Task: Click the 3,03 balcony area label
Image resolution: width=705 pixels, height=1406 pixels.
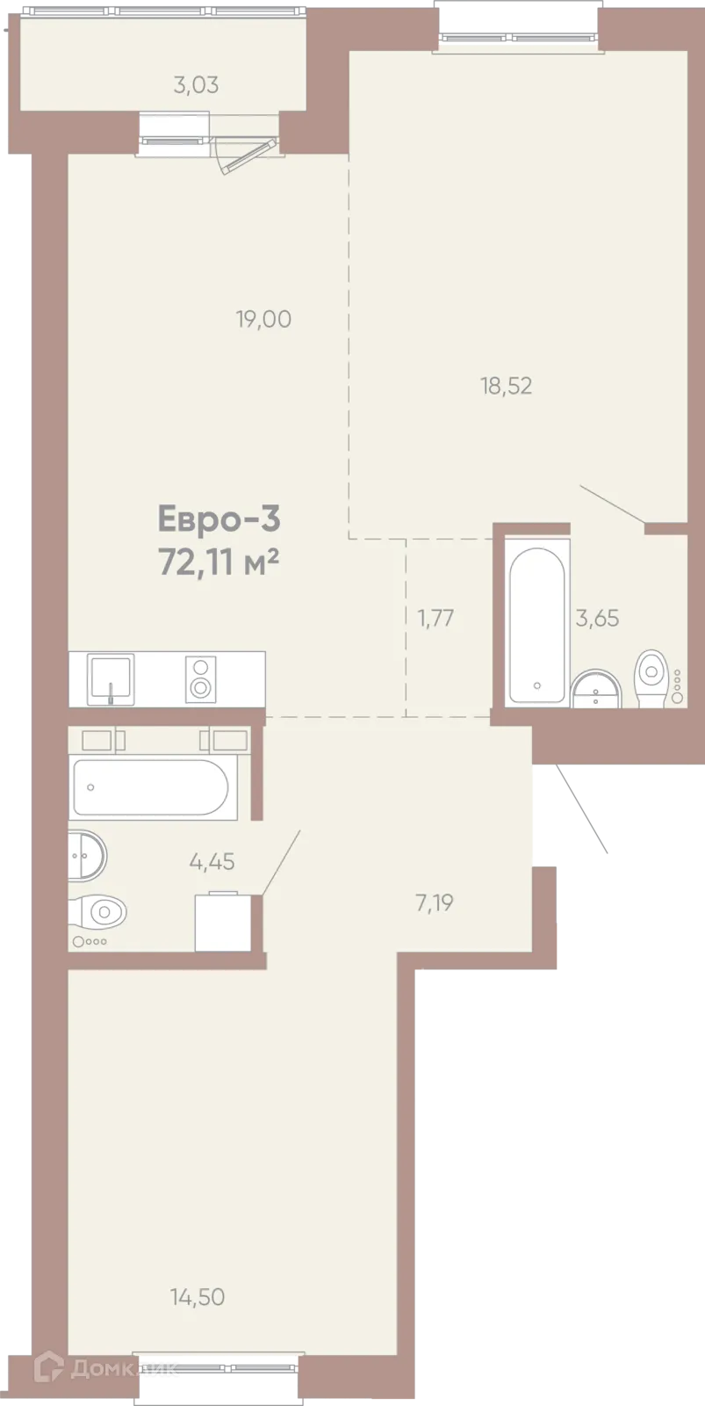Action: (x=197, y=85)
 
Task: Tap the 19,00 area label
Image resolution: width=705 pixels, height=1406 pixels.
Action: (x=263, y=320)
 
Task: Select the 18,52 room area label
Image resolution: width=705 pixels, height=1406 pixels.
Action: (x=507, y=386)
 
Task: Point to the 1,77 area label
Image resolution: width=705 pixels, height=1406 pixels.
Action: (x=436, y=619)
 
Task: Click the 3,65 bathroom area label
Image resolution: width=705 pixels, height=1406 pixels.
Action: (x=597, y=619)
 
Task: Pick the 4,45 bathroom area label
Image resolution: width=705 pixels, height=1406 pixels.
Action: (x=212, y=862)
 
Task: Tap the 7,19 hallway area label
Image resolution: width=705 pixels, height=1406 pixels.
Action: (x=435, y=903)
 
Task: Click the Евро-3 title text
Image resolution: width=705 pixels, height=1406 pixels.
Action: (x=219, y=520)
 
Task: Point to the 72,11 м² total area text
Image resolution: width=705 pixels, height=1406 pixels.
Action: (x=219, y=563)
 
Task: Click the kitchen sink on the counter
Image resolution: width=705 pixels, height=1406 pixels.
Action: (x=111, y=679)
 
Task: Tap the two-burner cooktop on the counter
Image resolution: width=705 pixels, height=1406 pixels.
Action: (x=201, y=679)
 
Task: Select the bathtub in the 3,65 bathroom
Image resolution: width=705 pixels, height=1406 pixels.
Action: (x=536, y=625)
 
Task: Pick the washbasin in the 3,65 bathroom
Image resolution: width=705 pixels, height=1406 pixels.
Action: (x=595, y=689)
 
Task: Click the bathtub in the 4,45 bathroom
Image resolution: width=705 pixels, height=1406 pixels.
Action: (x=150, y=787)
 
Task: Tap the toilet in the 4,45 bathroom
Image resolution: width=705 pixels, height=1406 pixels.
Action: (x=98, y=910)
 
